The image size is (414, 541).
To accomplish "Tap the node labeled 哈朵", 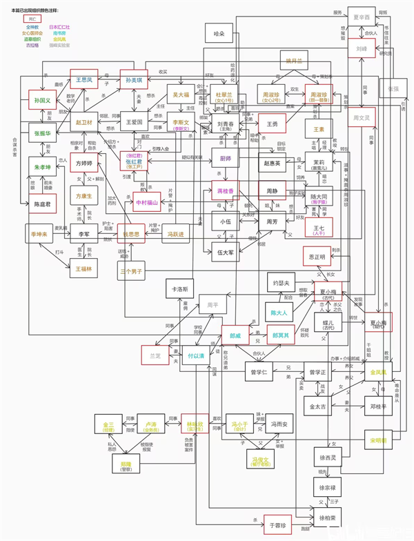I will (219, 32).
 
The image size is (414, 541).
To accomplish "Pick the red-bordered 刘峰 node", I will (362, 50).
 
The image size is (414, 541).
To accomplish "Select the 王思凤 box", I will (84, 79).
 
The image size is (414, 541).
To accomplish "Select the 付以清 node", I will (196, 357).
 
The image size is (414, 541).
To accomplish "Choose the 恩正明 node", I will (317, 256).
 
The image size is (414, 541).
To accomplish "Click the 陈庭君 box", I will (43, 204).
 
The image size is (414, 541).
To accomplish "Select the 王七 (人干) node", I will (319, 226).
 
